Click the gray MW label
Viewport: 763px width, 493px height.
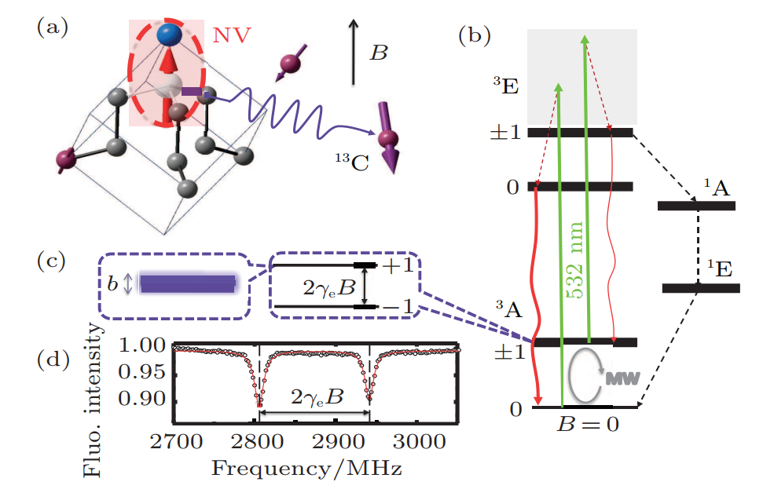(x=622, y=380)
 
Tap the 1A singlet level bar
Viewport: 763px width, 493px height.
(x=695, y=206)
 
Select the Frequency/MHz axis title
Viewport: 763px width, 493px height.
(x=307, y=469)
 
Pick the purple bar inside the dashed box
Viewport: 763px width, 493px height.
(x=188, y=283)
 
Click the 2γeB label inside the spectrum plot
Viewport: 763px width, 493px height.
(x=314, y=398)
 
